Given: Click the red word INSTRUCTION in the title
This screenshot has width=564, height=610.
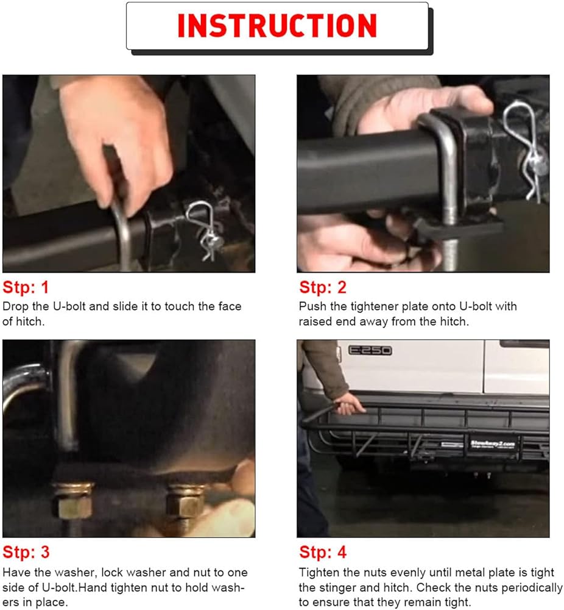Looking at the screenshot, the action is (x=277, y=26).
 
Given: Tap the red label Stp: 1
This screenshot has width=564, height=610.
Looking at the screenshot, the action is (x=26, y=287).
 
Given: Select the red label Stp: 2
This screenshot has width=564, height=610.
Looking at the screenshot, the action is (x=322, y=287).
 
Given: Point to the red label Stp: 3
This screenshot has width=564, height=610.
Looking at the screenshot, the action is (x=26, y=552).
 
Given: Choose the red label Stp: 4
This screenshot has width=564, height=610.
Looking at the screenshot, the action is (x=323, y=552).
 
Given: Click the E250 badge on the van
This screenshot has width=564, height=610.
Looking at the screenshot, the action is (x=370, y=350).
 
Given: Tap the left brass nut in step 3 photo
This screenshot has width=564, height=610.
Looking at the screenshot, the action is (x=73, y=500).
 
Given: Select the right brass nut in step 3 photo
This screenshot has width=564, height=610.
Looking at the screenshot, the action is (x=186, y=501).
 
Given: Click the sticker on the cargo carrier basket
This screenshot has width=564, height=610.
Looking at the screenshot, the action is (x=493, y=444).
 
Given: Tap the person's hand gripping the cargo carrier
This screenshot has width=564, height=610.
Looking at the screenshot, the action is (x=349, y=404).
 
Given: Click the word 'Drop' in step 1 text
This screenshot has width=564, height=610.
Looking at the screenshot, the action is (x=16, y=307).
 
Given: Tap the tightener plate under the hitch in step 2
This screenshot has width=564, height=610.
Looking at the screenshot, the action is (x=459, y=229).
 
